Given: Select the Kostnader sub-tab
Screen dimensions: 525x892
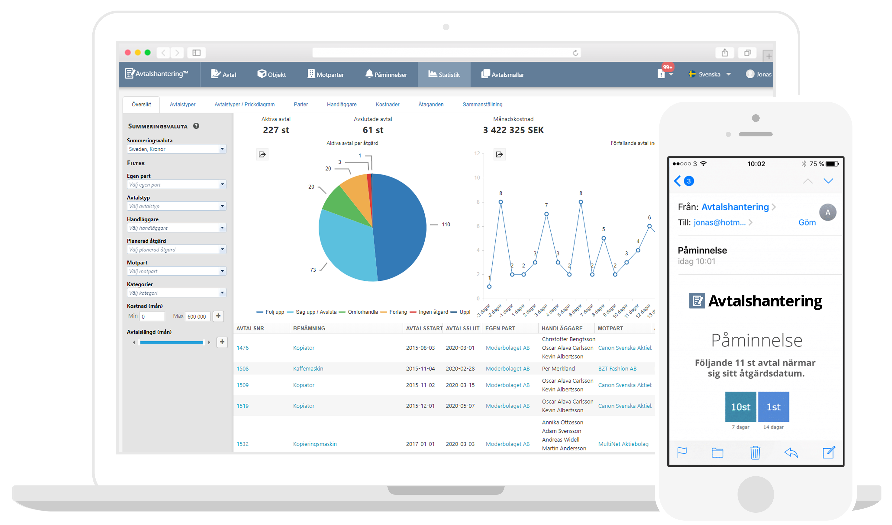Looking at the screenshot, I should click(388, 104).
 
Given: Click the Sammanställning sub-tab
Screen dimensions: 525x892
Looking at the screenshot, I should click(482, 104).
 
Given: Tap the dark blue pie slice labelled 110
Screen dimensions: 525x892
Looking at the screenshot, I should click(400, 227).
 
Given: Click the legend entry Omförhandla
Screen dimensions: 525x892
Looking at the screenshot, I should click(362, 312).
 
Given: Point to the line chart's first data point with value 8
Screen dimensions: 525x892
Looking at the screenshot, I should click(501, 202).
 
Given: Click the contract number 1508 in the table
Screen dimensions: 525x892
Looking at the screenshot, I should click(242, 369).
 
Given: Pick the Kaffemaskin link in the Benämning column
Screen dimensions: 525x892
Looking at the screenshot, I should click(308, 369).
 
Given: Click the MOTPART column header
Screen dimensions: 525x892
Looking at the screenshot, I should click(610, 328).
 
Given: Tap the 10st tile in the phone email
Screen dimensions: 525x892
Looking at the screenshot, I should click(740, 407).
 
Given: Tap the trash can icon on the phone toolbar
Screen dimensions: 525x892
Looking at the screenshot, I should click(755, 453).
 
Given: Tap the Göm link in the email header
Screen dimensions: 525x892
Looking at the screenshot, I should click(807, 222).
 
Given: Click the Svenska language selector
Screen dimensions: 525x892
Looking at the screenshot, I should click(709, 74).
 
